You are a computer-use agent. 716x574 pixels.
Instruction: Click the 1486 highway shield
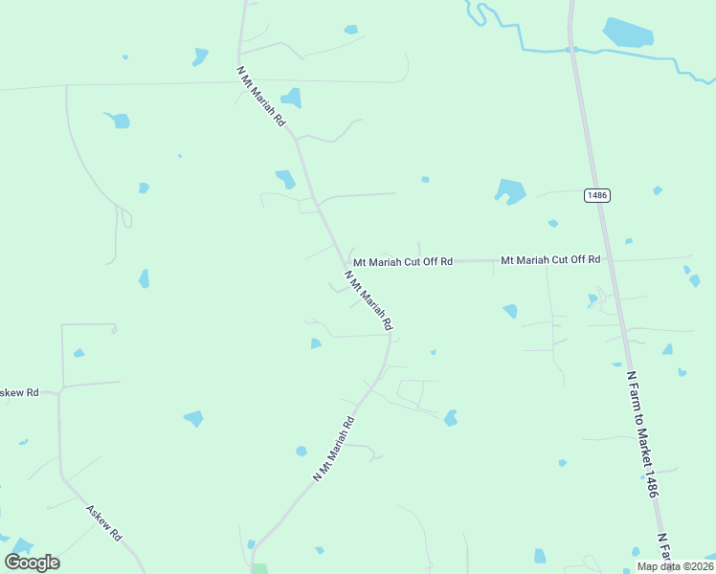click(596, 195)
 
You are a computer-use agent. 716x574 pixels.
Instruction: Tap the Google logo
click(33, 563)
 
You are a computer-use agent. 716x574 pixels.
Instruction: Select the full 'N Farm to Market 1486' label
click(640, 433)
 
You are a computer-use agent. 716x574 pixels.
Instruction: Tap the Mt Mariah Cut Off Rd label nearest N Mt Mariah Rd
click(402, 261)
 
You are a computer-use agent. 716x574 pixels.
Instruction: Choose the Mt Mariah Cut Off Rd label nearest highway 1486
click(550, 259)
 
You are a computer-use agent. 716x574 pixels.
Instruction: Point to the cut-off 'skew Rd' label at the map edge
click(19, 392)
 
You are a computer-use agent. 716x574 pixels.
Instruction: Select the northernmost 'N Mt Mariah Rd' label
click(260, 97)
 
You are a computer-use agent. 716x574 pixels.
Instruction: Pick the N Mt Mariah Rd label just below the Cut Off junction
click(369, 300)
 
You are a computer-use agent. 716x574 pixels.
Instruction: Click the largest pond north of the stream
click(628, 33)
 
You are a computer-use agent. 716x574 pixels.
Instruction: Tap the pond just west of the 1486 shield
click(509, 191)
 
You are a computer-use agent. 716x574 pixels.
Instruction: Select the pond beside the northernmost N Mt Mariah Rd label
click(290, 98)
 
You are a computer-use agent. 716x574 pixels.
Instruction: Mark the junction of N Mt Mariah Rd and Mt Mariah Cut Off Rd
click(345, 260)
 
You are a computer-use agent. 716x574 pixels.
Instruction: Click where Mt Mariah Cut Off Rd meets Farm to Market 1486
click(610, 259)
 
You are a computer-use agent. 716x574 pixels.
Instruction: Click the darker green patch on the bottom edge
click(258, 568)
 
